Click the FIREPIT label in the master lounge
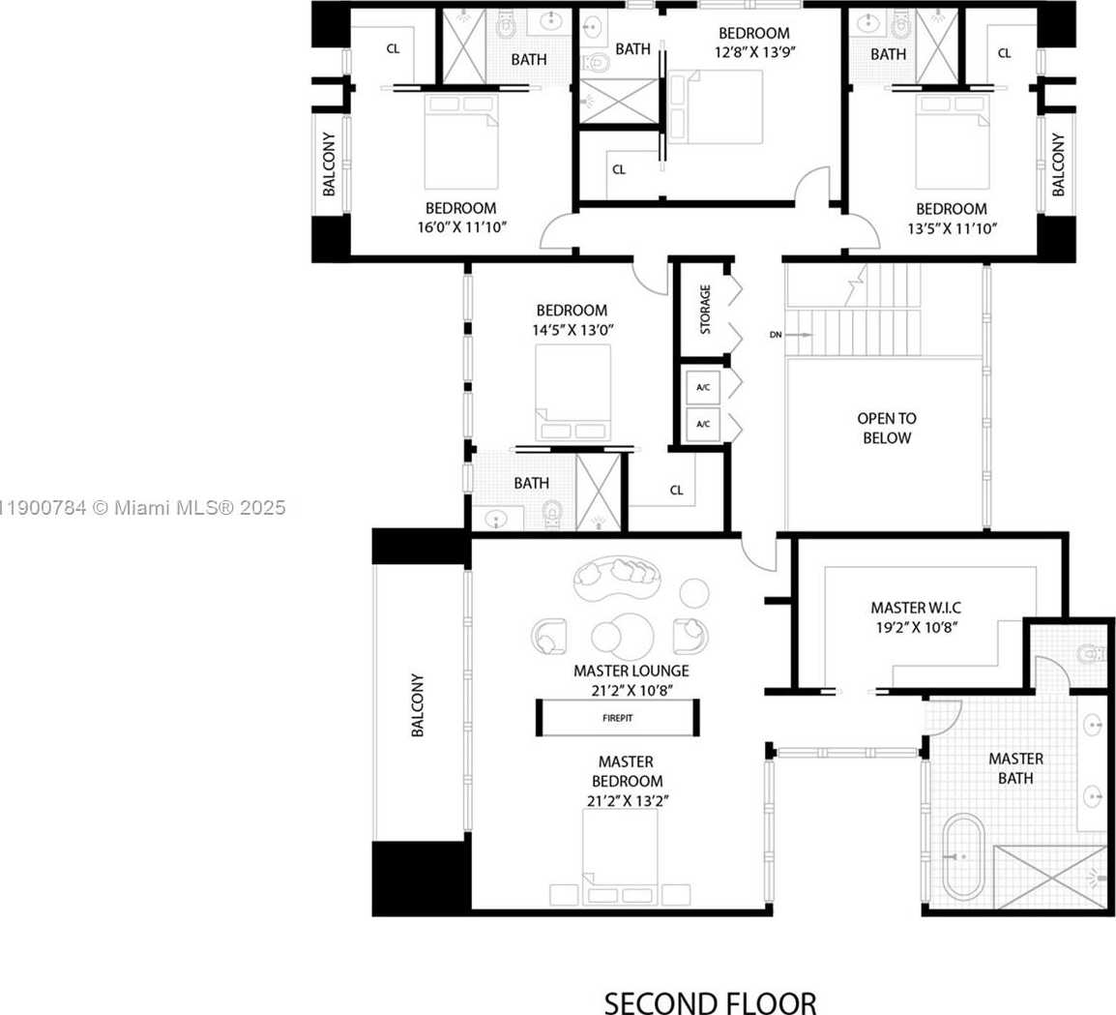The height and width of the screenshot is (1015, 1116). [617, 718]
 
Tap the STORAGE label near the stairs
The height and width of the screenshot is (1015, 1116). [705, 309]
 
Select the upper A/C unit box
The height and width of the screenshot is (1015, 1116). [703, 387]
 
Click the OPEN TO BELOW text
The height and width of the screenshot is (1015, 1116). [887, 428]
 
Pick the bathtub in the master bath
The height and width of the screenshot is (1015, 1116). [964, 857]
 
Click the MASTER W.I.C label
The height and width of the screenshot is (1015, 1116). [915, 608]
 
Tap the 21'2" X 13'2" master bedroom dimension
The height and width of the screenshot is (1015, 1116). [628, 800]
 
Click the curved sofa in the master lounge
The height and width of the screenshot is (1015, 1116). [618, 579]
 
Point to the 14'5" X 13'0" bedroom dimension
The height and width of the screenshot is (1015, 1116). [573, 330]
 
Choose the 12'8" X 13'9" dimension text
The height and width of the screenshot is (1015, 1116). [754, 52]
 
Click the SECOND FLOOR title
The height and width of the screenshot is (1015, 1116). [710, 1002]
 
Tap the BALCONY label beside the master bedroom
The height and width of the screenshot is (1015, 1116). [417, 705]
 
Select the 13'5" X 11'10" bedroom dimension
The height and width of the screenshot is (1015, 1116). [953, 228]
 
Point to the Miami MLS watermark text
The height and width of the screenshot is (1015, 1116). [142, 508]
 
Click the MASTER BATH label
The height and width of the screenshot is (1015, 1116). [1015, 768]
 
